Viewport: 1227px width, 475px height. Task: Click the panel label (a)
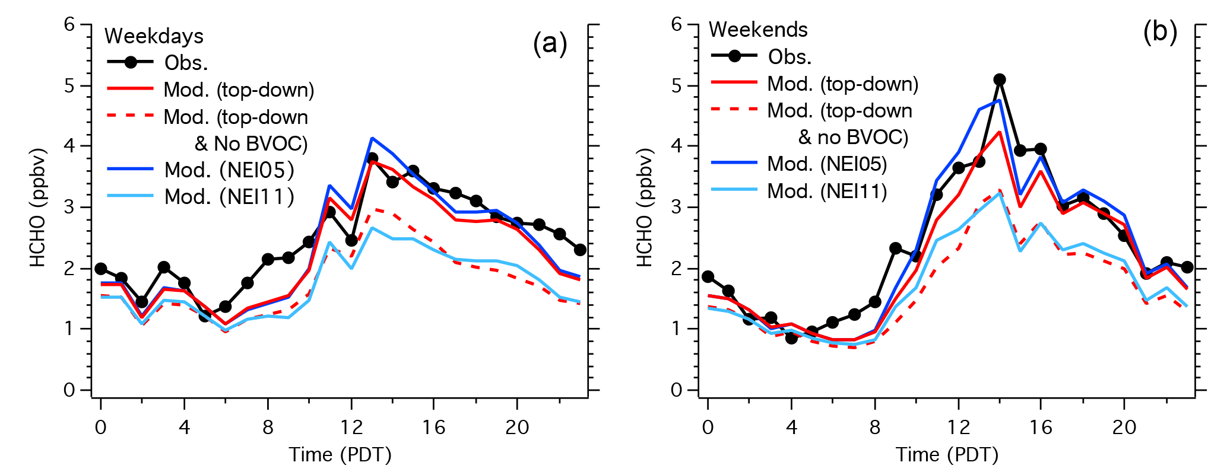point(550,44)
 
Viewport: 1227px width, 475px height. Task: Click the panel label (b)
point(1159,33)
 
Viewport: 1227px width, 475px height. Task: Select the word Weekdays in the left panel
point(154,36)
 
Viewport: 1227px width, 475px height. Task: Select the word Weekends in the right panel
point(758,30)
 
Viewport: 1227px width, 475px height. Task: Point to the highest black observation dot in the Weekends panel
point(999,79)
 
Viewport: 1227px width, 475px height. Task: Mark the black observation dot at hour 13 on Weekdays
point(372,158)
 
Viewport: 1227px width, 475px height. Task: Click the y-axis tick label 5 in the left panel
point(70,86)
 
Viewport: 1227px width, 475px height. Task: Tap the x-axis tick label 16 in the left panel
point(434,428)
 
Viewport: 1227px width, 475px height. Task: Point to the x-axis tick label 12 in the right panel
point(957,428)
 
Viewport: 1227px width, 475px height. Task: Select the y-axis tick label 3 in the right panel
point(677,208)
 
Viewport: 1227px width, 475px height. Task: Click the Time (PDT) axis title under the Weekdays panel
point(340,455)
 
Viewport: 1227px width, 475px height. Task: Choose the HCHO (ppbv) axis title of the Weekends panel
point(644,208)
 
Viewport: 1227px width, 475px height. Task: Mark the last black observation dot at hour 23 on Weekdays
point(580,250)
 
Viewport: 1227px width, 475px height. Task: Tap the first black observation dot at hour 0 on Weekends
point(708,277)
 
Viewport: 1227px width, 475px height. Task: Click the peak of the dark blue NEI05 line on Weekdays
point(372,138)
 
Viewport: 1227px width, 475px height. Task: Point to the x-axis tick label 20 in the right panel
point(1124,428)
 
